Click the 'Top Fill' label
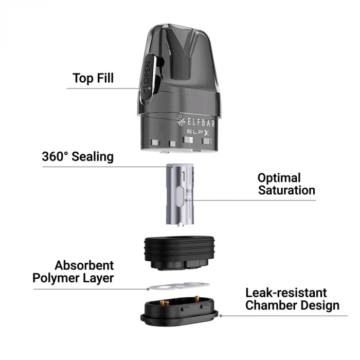click(93, 79)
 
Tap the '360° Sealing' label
click(78, 157)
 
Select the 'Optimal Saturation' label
click(286, 184)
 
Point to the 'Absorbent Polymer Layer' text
click(73, 272)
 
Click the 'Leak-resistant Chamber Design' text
click(292, 299)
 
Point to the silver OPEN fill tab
click(148, 77)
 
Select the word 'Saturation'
click(286, 190)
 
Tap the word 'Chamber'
click(269, 305)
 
